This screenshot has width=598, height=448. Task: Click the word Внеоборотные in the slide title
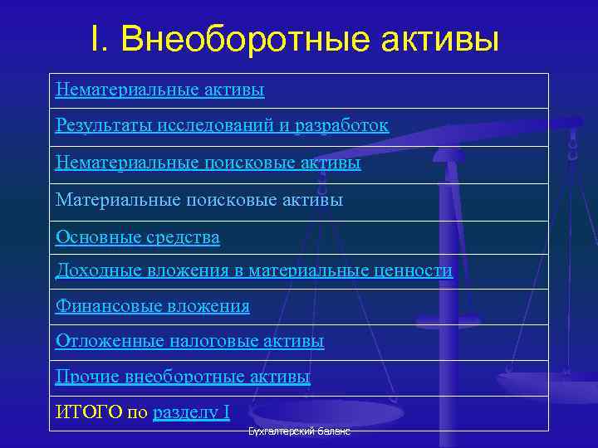tap(249, 39)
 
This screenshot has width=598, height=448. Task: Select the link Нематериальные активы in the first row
tap(159, 89)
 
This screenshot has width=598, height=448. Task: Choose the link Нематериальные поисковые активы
tap(208, 163)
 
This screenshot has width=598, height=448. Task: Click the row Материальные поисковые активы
tap(199, 200)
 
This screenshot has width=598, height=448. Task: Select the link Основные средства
tap(137, 237)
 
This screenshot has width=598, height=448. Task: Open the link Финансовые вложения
tap(152, 306)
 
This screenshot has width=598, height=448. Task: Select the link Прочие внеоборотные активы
tap(182, 377)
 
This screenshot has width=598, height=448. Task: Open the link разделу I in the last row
tap(191, 412)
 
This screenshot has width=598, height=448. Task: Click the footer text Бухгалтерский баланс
tap(299, 432)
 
